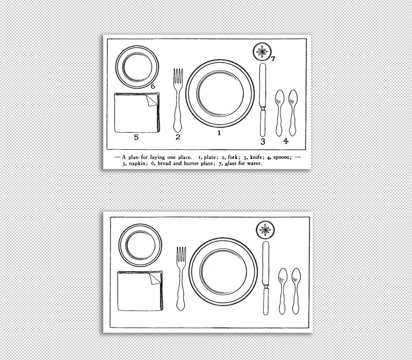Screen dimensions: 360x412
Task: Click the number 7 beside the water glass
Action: pos(273,59)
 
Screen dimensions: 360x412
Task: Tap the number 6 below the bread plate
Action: pos(153,86)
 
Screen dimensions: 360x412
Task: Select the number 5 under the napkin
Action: pos(136,137)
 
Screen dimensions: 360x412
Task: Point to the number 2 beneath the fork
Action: pos(178,137)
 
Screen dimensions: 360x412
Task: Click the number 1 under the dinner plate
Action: pos(219,133)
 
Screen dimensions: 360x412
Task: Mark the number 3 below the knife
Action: pos(263,142)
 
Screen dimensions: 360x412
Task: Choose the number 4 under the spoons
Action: pos(286,141)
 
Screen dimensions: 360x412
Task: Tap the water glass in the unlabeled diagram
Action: pos(266,230)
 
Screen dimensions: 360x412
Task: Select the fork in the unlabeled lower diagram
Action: pos(181,278)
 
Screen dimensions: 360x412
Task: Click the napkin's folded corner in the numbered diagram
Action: pos(151,100)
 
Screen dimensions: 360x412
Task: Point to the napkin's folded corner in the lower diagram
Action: pos(155,279)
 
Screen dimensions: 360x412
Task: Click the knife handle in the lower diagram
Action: pos(266,302)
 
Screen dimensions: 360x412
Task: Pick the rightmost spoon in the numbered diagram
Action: pos(293,112)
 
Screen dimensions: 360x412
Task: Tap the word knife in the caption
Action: pos(256,157)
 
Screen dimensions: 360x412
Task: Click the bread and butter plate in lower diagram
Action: pos(140,245)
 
